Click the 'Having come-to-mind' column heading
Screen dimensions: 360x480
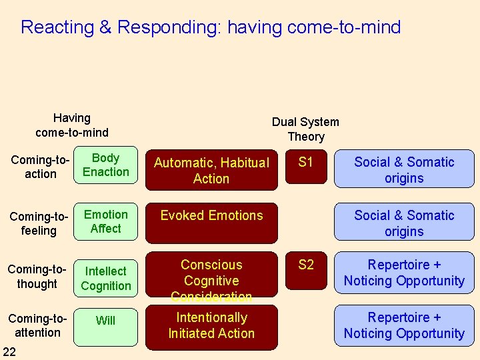click(x=72, y=125)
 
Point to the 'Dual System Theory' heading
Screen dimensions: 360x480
click(x=305, y=129)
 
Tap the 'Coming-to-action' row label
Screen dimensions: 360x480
click(x=40, y=167)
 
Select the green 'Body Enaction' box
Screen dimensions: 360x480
click(x=106, y=165)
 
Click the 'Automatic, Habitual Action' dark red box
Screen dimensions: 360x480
click(x=211, y=170)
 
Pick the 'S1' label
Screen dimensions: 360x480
click(x=305, y=162)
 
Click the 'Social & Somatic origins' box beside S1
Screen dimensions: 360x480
click(x=404, y=170)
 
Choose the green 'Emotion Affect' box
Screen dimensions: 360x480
click(x=106, y=222)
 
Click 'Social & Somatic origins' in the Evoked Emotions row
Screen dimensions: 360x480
click(x=404, y=223)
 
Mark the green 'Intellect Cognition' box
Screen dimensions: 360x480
click(x=106, y=279)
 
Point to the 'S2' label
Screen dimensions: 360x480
click(x=305, y=265)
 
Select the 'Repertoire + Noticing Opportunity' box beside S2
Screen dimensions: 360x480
click(x=404, y=273)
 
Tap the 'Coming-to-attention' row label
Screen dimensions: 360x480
click(x=37, y=325)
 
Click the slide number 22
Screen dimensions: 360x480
click(x=10, y=351)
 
